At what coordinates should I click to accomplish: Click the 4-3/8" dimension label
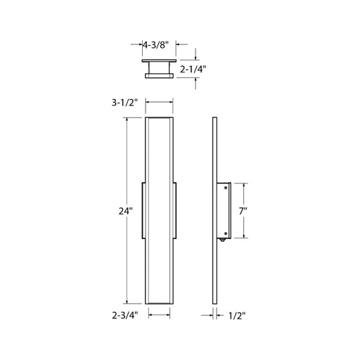click(x=156, y=45)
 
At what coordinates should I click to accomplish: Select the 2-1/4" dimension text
click(x=193, y=69)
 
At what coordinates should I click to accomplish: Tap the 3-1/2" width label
click(x=124, y=103)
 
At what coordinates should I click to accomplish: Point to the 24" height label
click(x=126, y=212)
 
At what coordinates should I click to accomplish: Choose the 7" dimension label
click(x=243, y=212)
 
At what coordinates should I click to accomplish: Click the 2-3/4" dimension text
click(x=125, y=316)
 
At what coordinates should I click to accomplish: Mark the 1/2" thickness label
click(x=237, y=316)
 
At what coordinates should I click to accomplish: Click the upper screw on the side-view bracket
click(x=226, y=188)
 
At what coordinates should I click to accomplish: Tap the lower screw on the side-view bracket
click(x=226, y=233)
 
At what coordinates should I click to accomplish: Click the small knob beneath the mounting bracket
click(x=222, y=240)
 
